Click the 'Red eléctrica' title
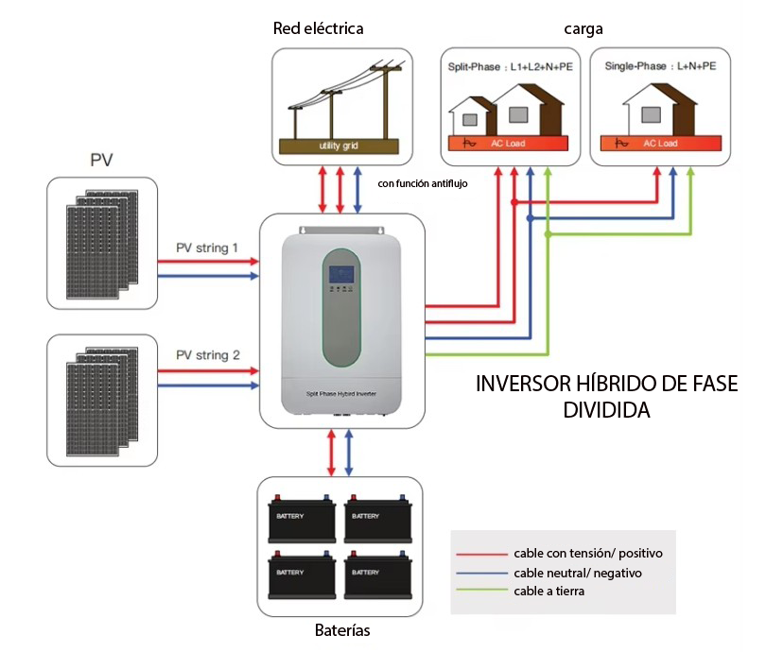[318, 28]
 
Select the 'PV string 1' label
[207, 248]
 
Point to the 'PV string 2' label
[207, 355]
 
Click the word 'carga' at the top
[583, 29]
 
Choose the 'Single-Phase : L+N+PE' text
[659, 67]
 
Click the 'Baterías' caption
[341, 630]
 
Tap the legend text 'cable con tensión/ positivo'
[588, 553]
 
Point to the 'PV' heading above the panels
[102, 159]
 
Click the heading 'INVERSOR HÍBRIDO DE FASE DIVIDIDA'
[605, 398]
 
